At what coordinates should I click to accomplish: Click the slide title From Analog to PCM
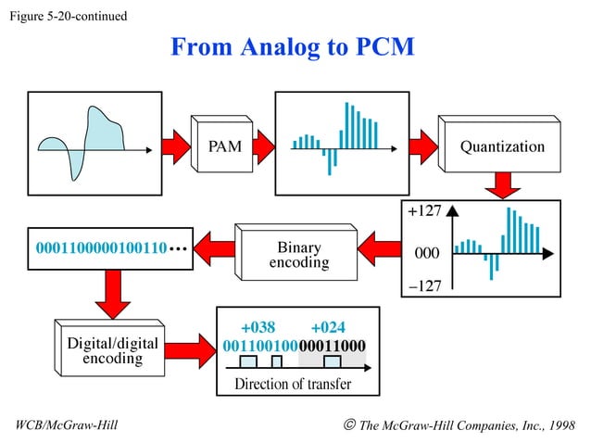click(x=292, y=47)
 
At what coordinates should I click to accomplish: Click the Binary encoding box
click(x=298, y=255)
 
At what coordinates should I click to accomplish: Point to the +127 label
click(x=424, y=211)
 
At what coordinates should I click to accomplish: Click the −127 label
click(x=424, y=285)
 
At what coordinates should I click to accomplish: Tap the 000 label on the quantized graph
click(x=425, y=252)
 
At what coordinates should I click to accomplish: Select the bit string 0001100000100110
click(x=100, y=248)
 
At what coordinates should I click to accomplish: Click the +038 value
click(x=258, y=326)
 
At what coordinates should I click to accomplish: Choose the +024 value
click(x=329, y=326)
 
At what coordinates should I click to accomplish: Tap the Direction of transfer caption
click(x=293, y=384)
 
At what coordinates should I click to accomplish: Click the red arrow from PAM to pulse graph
click(x=262, y=146)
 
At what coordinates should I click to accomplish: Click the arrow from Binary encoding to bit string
click(x=211, y=248)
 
